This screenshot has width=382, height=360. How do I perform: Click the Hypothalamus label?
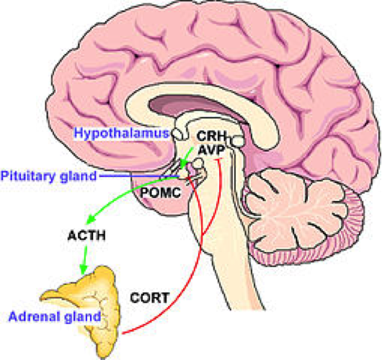click(121, 133)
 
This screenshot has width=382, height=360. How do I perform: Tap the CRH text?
click(212, 136)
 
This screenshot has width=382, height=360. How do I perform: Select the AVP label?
click(211, 150)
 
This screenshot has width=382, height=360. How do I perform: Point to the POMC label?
click(161, 192)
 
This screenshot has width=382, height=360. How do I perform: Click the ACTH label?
click(86, 235)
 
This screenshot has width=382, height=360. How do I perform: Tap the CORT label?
click(150, 297)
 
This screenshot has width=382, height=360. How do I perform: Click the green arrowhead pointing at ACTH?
click(90, 220)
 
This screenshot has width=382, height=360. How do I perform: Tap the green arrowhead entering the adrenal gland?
click(84, 270)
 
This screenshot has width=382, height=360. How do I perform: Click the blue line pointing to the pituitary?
click(140, 176)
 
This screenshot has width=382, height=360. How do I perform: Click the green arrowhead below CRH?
click(183, 165)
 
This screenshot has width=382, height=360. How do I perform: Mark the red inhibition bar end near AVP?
click(218, 159)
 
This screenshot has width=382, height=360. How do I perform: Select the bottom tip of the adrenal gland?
click(103, 358)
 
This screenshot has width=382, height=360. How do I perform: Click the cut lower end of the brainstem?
click(247, 310)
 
